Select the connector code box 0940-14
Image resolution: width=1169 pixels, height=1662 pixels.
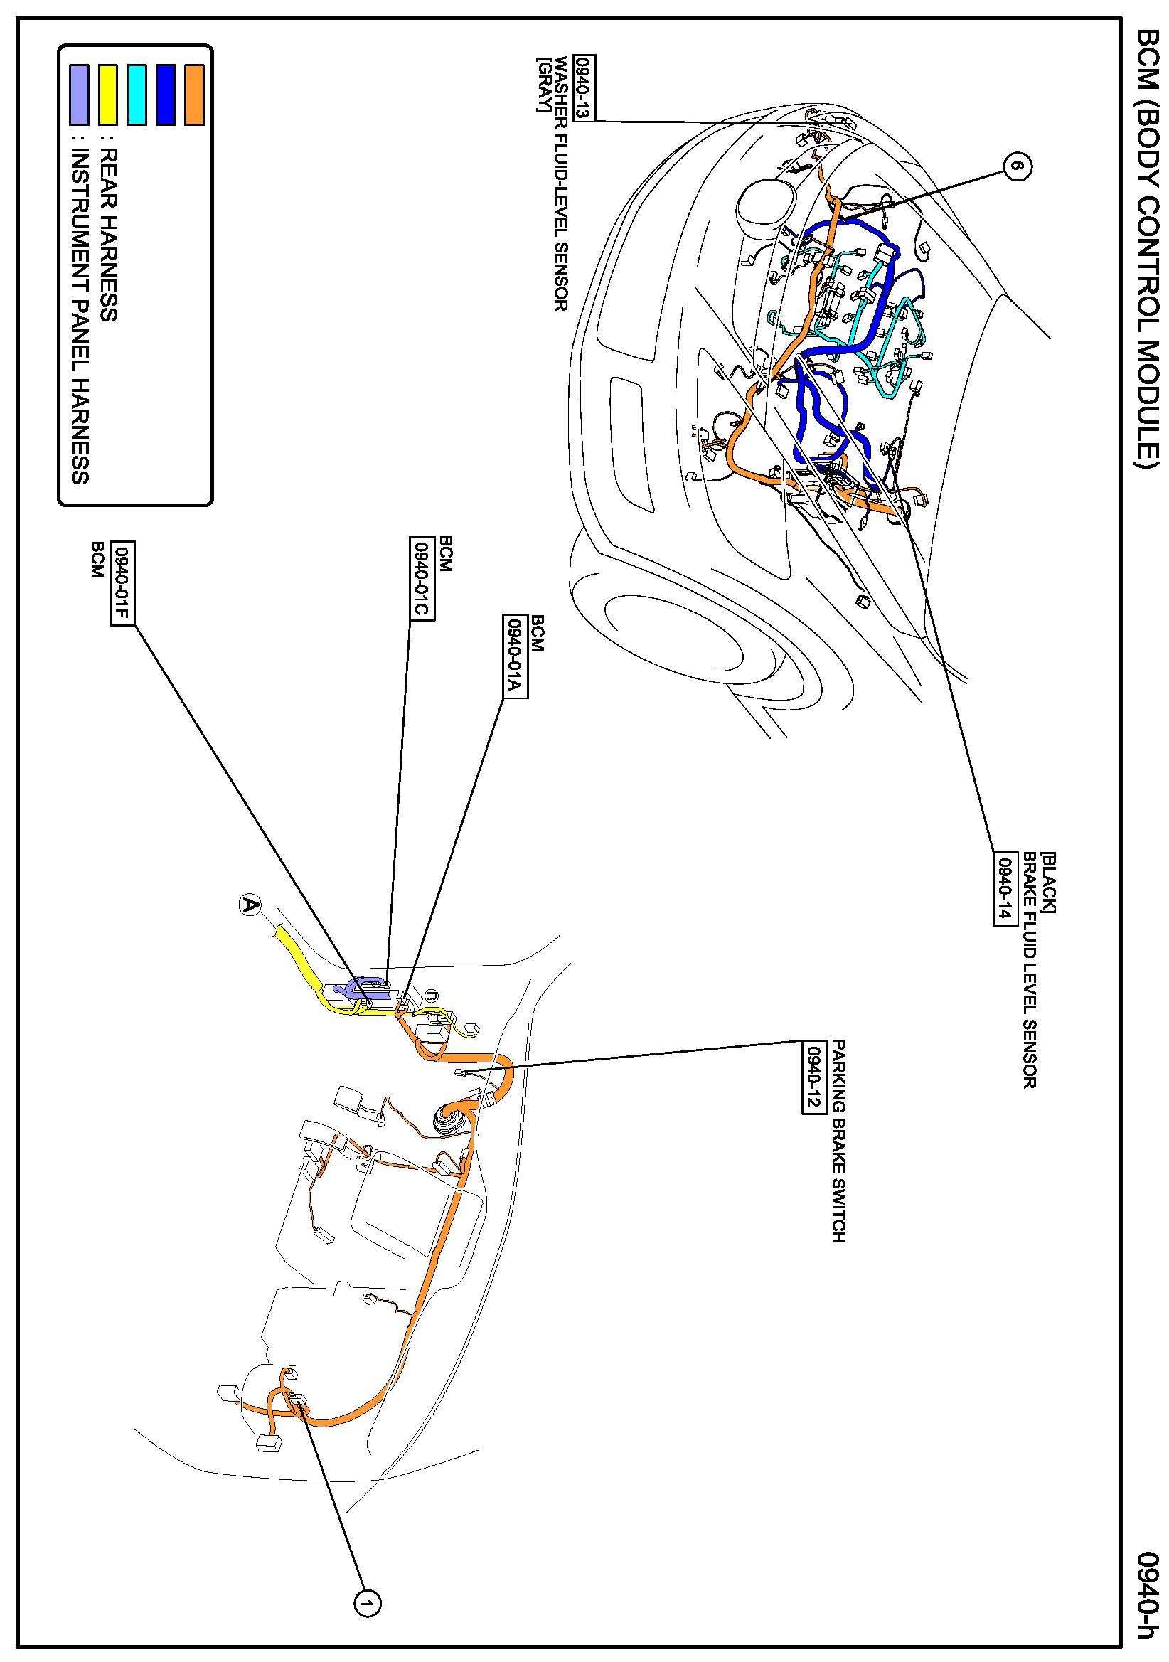tap(1005, 888)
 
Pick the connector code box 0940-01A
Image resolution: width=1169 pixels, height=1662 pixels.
tap(515, 656)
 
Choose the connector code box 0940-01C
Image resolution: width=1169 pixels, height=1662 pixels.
tap(421, 577)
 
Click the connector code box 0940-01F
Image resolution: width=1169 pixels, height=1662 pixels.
tap(122, 582)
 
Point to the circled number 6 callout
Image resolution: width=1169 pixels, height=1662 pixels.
tap(1017, 166)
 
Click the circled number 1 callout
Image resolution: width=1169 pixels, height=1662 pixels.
tap(367, 1604)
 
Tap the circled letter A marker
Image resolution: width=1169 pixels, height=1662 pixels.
tap(250, 905)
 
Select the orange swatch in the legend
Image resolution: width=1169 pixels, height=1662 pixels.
tap(194, 95)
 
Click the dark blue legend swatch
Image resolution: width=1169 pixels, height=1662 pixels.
tap(165, 95)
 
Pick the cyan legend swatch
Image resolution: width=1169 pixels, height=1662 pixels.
tap(136, 95)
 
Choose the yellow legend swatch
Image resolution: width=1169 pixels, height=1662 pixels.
tap(108, 95)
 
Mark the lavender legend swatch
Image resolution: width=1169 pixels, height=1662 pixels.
tap(79, 95)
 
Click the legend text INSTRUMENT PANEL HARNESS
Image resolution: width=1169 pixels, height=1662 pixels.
tap(80, 316)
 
